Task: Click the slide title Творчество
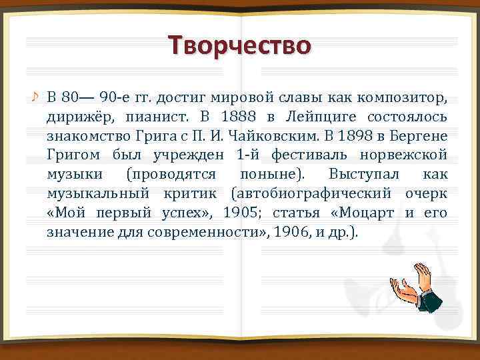tap(240, 46)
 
